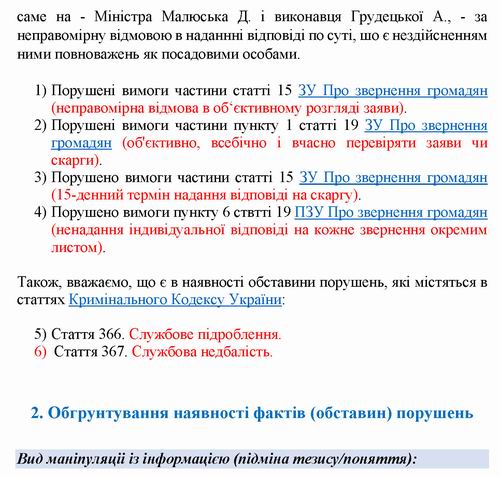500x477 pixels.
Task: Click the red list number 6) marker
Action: click(x=41, y=352)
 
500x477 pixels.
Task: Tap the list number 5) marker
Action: click(x=41, y=334)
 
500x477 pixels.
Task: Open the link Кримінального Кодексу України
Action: click(x=176, y=299)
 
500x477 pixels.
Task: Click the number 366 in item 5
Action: click(x=111, y=334)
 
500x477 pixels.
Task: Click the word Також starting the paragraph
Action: click(x=37, y=281)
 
